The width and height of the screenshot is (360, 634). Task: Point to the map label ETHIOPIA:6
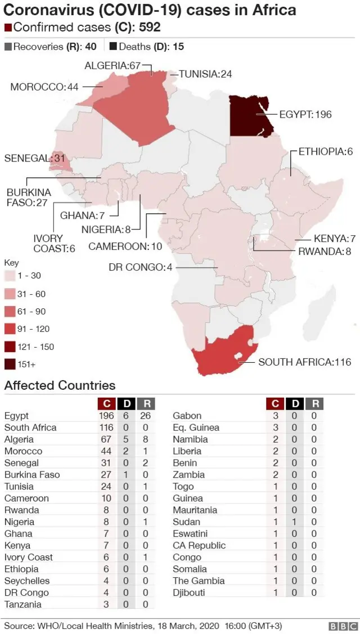325,151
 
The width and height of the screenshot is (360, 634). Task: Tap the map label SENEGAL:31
27,159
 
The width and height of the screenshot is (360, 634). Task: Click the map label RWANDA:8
321,251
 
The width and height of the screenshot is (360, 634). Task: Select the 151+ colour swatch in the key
10,365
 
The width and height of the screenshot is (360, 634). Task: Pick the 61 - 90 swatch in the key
10,311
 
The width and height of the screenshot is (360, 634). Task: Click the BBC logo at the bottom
343,626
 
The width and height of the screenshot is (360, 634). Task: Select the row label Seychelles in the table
27,581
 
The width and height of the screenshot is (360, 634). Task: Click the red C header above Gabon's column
276,403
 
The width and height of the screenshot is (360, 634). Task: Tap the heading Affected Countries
60,385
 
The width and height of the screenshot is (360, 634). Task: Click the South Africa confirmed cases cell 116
106,428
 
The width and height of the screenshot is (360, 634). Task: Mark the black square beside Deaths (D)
113,47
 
